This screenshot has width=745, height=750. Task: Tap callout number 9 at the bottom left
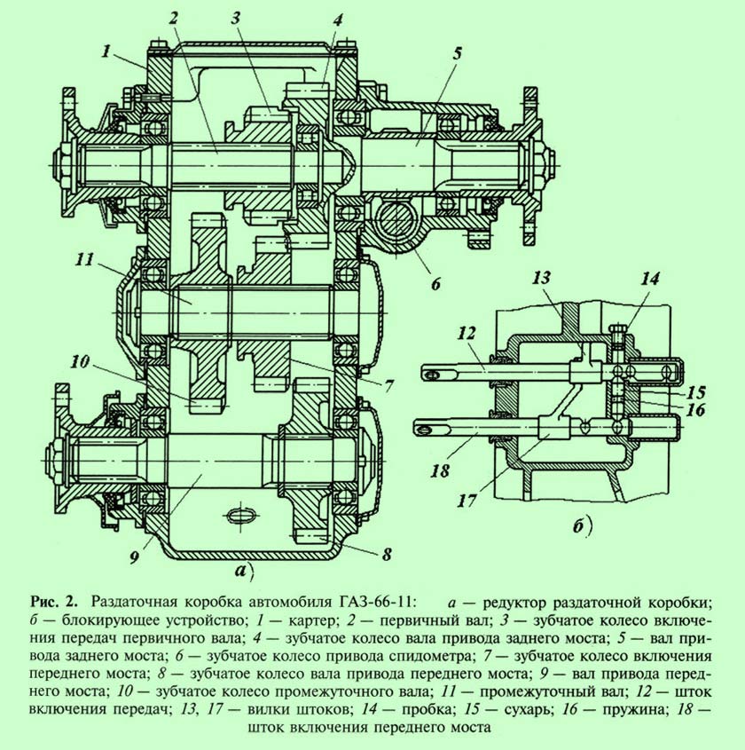(133, 557)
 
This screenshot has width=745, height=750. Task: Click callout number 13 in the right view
(542, 278)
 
